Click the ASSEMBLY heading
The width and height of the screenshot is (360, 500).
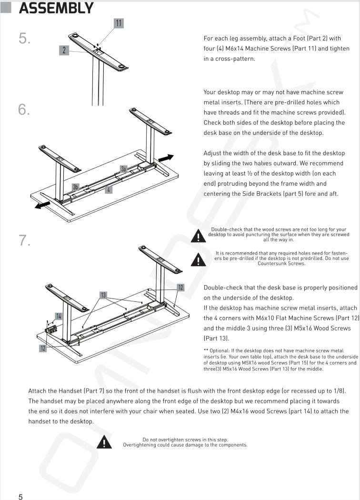pyautogui.click(x=56, y=8)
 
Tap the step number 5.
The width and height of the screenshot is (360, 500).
pyautogui.click(x=25, y=38)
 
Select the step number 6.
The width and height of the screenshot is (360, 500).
pyautogui.click(x=24, y=110)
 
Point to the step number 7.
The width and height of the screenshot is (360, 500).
pyautogui.click(x=25, y=240)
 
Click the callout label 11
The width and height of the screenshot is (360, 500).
pyautogui.click(x=119, y=23)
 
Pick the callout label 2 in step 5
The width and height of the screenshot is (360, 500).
pyautogui.click(x=64, y=50)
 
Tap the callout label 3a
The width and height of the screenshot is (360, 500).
pyautogui.click(x=123, y=169)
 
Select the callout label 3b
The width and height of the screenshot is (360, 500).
pyautogui.click(x=75, y=187)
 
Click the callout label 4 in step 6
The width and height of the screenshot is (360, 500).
pyautogui.click(x=109, y=190)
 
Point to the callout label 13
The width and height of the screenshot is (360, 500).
pyautogui.click(x=103, y=295)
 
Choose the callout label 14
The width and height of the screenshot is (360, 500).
pyautogui.click(x=59, y=316)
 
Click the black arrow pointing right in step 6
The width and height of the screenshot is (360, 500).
pyautogui.click(x=166, y=158)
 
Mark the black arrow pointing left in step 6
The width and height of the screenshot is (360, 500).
pyautogui.click(x=42, y=205)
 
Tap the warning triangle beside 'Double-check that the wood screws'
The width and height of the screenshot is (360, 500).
pyautogui.click(x=199, y=236)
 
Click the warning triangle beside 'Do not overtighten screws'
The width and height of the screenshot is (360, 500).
pyautogui.click(x=104, y=442)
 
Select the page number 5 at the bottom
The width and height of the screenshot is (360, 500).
pyautogui.click(x=21, y=497)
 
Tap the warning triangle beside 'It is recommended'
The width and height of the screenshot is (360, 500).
pyautogui.click(x=199, y=260)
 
